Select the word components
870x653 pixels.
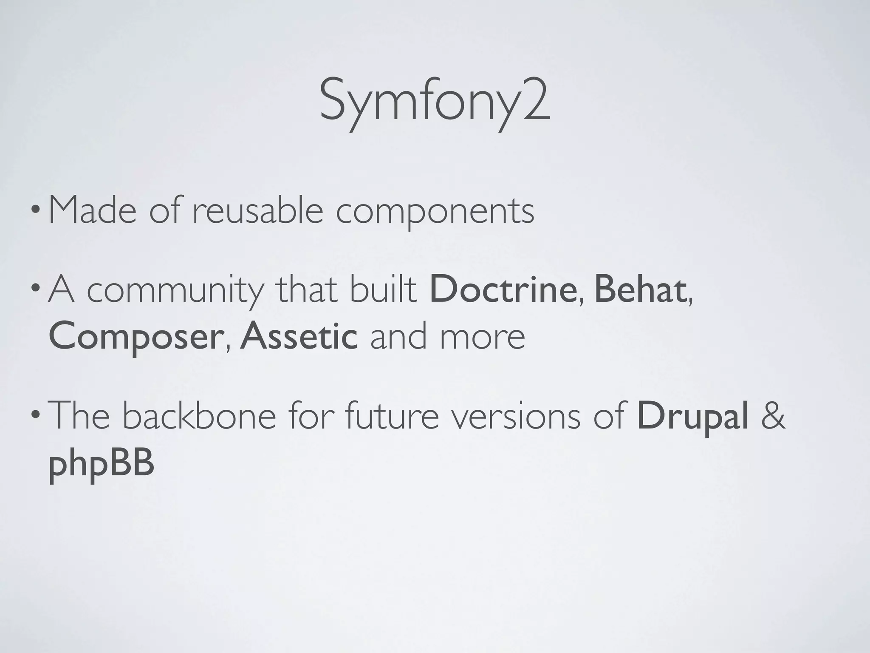(435, 212)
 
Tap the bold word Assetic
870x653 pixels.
(299, 336)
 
